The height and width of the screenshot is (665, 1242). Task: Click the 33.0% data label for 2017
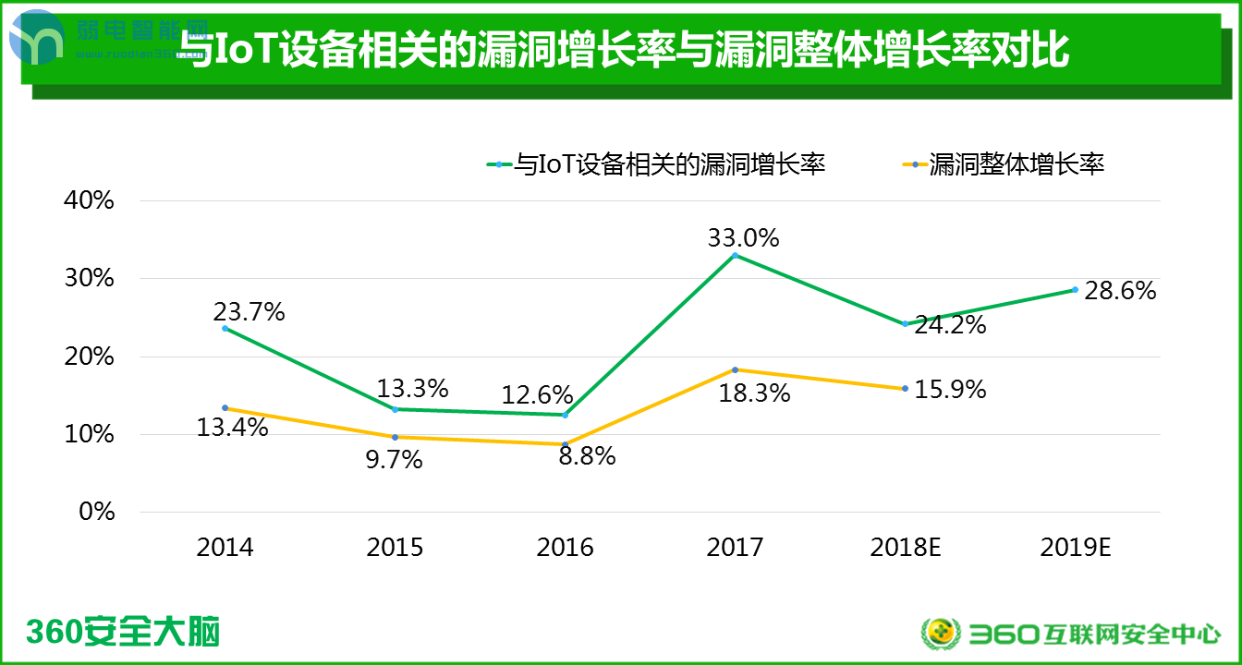point(743,238)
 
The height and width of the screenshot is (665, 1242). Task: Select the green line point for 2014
point(225,328)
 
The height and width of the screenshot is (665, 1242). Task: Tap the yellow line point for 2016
point(565,444)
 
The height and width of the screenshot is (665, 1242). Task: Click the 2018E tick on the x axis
point(905,547)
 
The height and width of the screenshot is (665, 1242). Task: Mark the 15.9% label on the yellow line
point(950,390)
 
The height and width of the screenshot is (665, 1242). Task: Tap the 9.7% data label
point(394,459)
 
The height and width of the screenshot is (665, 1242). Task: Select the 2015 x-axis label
point(395,547)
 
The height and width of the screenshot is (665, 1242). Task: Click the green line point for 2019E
point(1075,289)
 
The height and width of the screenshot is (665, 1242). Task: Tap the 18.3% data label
point(755,393)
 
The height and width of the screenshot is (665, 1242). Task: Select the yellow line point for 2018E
point(905,388)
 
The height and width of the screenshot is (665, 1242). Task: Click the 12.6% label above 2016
point(537,395)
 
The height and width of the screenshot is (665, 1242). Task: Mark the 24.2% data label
point(950,325)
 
